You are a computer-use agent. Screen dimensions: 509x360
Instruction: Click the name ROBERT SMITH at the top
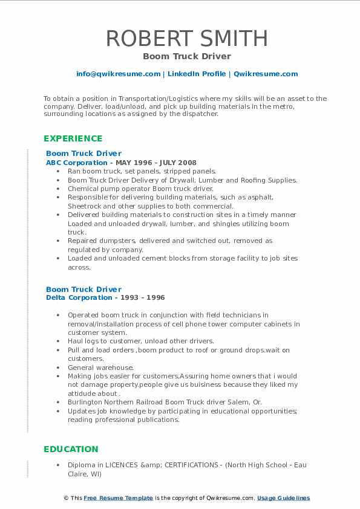187,38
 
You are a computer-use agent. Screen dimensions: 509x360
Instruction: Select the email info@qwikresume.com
118,74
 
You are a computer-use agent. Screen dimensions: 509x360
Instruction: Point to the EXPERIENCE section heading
73,138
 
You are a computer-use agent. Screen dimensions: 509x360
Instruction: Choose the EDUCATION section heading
70,449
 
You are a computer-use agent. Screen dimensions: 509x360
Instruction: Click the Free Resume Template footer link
118,498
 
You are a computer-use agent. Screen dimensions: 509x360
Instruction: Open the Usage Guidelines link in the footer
283,498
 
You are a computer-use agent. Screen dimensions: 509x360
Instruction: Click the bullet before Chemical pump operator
57,189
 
